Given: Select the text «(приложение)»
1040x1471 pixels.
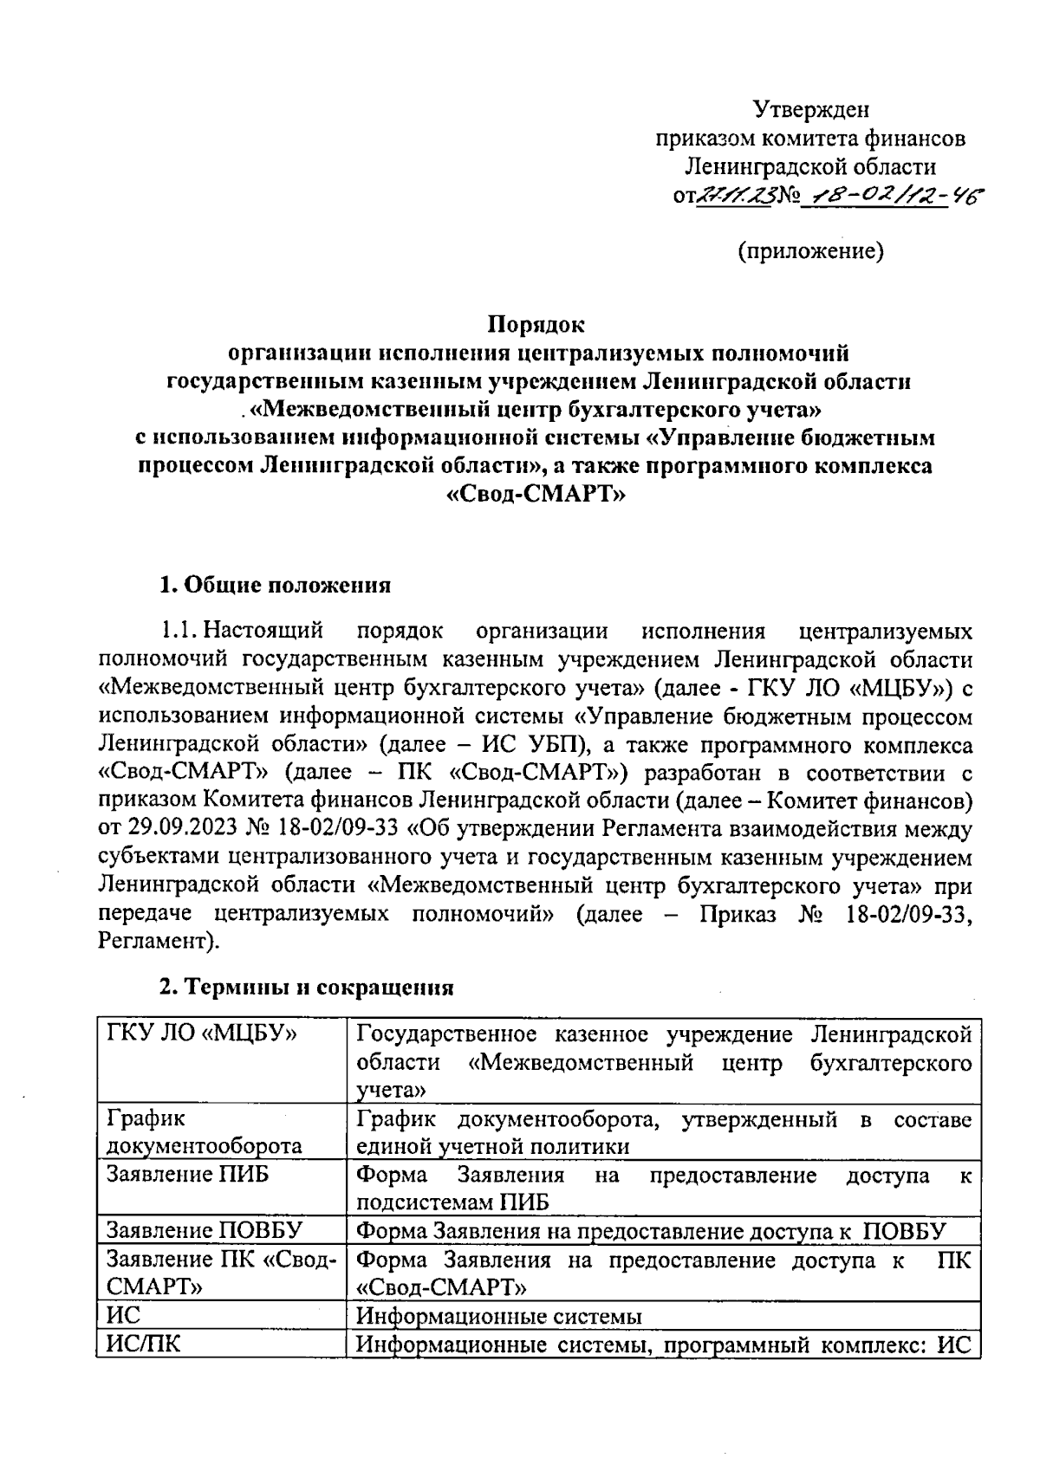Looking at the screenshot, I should pyautogui.click(x=810, y=251).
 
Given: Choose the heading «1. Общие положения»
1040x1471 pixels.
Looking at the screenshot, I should pyautogui.click(x=275, y=585).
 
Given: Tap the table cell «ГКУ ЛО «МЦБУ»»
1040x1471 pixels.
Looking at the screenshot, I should pyautogui.click(x=202, y=1034).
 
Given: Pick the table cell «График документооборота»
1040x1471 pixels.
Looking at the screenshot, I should pyautogui.click(x=204, y=1132).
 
